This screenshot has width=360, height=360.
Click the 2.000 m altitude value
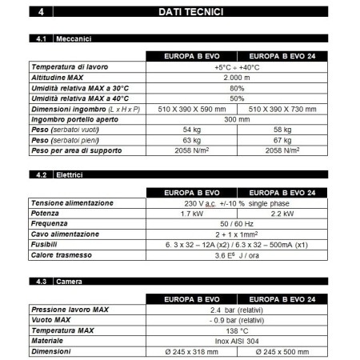237,78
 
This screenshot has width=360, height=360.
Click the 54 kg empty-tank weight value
192,130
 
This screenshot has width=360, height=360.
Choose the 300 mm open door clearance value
237,119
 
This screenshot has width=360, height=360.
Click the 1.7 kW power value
192,214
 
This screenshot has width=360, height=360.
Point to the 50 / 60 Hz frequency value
237,225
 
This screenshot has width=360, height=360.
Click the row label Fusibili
46,246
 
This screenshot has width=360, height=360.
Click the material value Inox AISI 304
237,341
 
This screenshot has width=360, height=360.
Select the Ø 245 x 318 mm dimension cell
192,351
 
